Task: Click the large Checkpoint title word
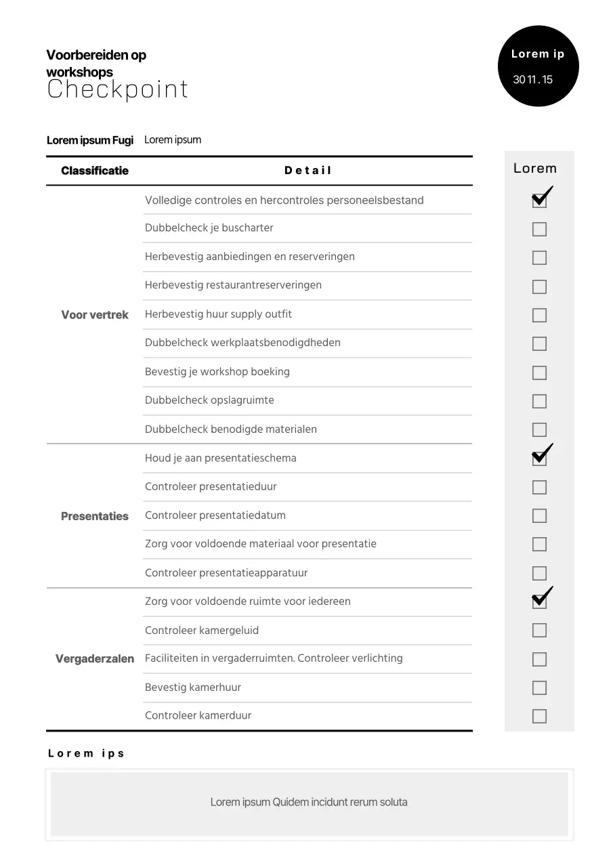click(117, 89)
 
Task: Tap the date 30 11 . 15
click(533, 80)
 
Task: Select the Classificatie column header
click(95, 171)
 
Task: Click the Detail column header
click(308, 171)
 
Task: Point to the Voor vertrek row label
click(95, 315)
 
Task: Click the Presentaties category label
click(95, 516)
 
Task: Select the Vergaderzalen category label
click(95, 659)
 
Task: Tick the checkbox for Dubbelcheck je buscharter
click(539, 229)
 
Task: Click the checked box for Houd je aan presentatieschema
click(539, 459)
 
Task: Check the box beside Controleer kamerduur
click(539, 716)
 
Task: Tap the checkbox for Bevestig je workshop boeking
click(539, 373)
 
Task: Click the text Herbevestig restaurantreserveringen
click(233, 285)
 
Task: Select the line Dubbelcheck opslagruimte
click(209, 400)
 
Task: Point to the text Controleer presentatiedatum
click(215, 515)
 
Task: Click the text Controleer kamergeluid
click(202, 631)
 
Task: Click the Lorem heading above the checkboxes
click(535, 169)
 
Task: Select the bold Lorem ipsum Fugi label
click(90, 140)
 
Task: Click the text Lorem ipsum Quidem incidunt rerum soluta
click(309, 803)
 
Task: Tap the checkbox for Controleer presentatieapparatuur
click(539, 573)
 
